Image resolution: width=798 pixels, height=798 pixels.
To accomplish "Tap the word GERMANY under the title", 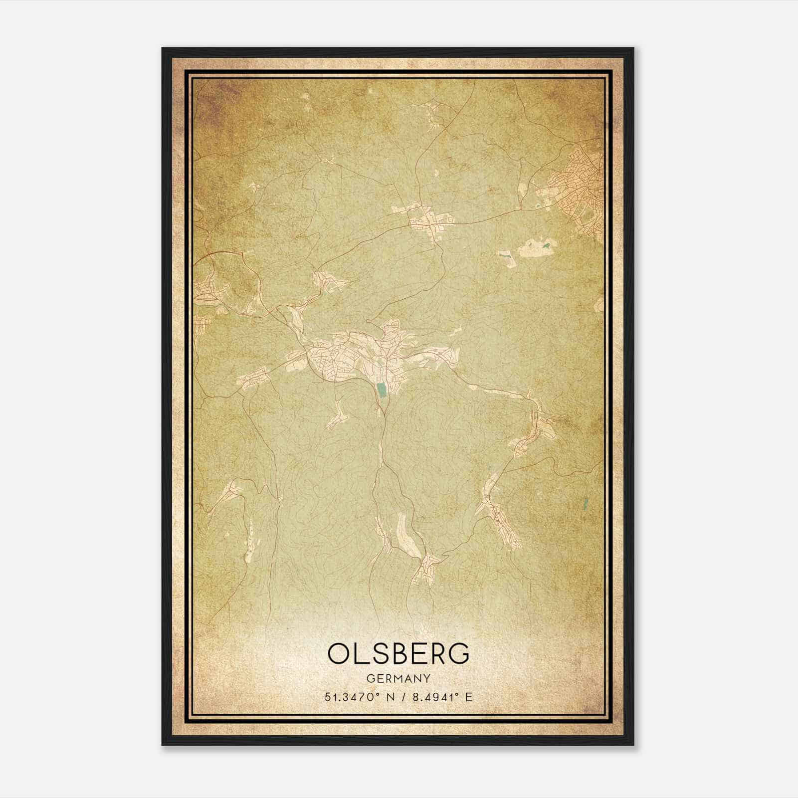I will [399, 678].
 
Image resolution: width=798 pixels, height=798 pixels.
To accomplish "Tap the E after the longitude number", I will [468, 697].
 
